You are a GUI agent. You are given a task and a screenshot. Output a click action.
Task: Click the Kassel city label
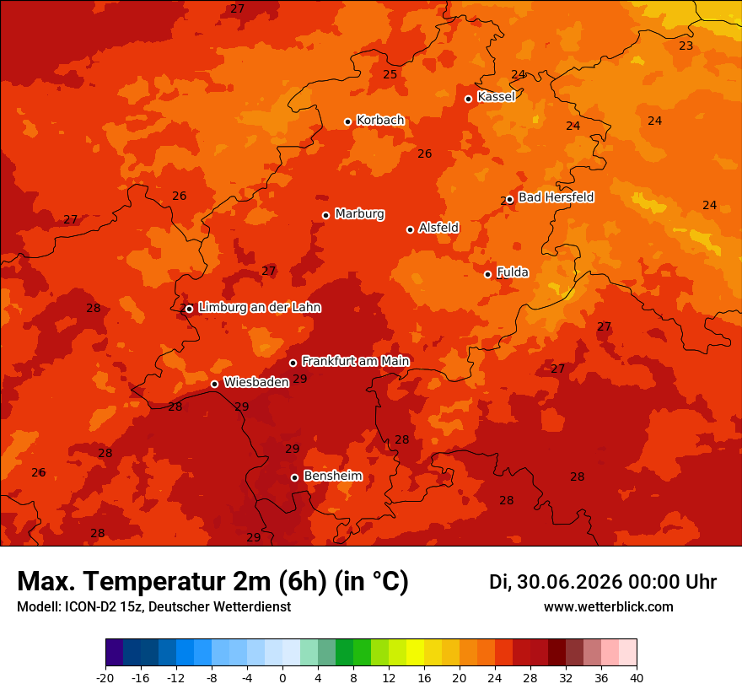tap(496, 96)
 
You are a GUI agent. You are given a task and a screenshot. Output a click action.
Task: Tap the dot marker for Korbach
tap(347, 121)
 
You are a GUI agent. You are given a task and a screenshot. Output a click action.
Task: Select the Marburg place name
tap(360, 214)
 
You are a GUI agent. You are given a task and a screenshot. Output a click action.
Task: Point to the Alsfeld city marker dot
tap(411, 229)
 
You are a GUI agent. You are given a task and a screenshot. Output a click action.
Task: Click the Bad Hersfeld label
tap(556, 197)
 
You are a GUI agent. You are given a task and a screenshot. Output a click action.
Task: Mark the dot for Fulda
tap(488, 274)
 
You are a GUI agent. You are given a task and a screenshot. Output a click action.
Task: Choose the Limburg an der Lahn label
tap(260, 307)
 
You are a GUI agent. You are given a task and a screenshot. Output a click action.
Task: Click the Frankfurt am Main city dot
tap(293, 363)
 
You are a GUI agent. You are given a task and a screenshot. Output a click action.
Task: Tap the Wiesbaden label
tap(256, 382)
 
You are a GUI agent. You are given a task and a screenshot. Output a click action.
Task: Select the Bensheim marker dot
tap(294, 477)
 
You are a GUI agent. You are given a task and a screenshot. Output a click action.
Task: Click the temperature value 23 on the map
tap(686, 46)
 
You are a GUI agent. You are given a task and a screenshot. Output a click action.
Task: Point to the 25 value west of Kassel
tap(390, 74)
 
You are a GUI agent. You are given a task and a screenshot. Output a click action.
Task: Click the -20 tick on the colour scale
tap(105, 678)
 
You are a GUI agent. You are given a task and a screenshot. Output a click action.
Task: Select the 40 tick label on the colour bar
tap(637, 678)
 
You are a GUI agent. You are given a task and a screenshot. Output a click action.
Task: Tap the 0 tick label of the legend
tap(282, 678)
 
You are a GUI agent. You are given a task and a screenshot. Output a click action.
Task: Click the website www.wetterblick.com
tap(609, 606)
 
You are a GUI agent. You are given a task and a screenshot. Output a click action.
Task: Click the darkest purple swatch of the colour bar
tap(114, 652)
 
